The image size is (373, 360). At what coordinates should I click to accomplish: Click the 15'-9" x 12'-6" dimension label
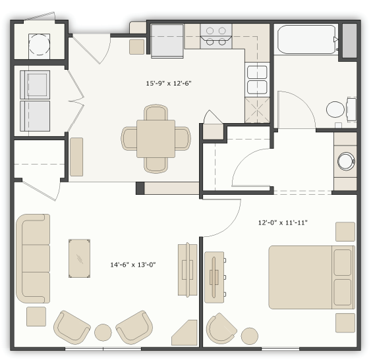click(x=169, y=84)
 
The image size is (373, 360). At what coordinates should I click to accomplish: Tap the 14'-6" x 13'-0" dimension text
click(x=132, y=265)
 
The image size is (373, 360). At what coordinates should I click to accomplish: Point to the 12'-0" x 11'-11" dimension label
click(x=283, y=222)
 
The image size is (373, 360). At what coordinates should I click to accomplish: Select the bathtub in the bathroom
click(x=306, y=39)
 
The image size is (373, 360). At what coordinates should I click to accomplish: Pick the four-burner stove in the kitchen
click(x=216, y=36)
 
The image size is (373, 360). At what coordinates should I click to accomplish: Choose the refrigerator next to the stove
click(x=167, y=40)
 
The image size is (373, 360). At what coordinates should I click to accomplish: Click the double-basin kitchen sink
click(x=257, y=80)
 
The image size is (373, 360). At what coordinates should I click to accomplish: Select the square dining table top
click(x=156, y=138)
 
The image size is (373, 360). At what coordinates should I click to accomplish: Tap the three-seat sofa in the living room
click(x=34, y=258)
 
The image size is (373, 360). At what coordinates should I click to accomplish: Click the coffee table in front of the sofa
click(x=80, y=259)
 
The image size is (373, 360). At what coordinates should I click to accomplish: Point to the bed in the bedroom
click(x=310, y=277)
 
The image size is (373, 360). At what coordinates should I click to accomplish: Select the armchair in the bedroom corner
click(x=221, y=328)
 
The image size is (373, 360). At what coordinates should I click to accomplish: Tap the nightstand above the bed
click(x=345, y=232)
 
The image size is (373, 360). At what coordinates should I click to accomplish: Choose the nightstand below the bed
click(x=345, y=322)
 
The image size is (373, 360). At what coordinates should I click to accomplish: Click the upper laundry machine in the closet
click(x=35, y=84)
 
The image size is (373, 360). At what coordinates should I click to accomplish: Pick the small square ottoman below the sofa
click(x=36, y=317)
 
